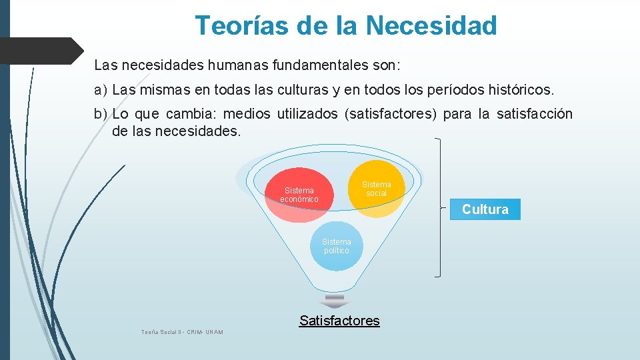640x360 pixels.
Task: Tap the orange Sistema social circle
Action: (377, 189)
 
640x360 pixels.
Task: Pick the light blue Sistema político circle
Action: (336, 246)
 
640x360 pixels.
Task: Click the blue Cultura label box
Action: (485, 209)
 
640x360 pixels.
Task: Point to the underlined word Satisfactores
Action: (339, 321)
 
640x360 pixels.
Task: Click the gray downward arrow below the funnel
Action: (335, 299)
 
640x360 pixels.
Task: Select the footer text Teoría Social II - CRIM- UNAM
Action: (182, 332)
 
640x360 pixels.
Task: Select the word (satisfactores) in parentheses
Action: (390, 114)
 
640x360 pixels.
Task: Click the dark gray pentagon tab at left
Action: (40, 51)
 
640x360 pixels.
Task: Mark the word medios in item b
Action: (251, 114)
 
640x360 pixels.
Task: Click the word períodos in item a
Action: (449, 89)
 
